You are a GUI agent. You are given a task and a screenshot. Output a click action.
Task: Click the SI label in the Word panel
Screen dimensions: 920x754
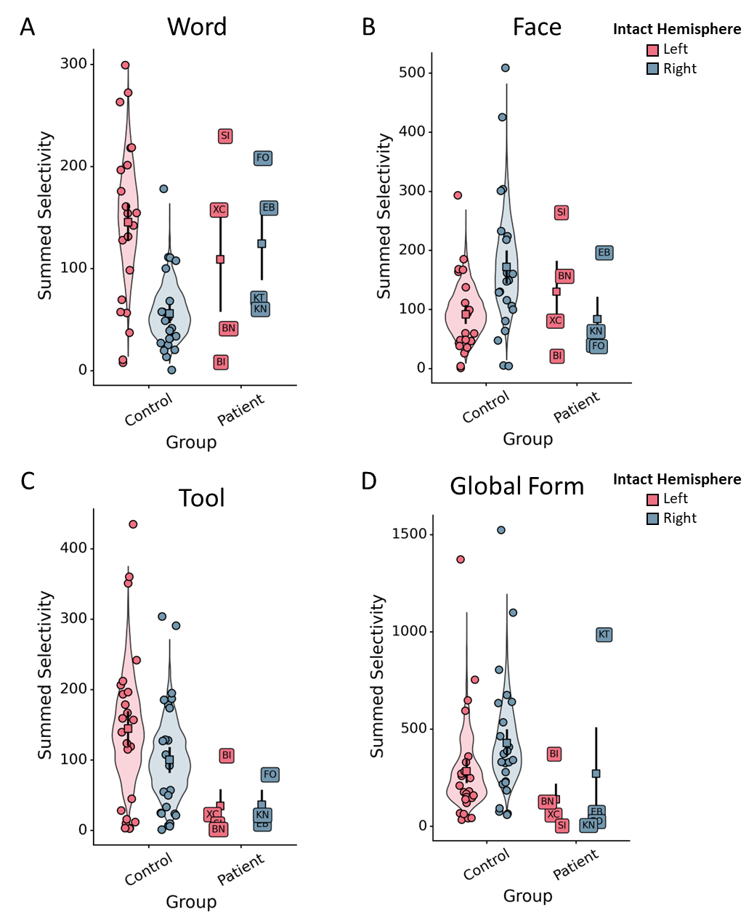pyautogui.click(x=225, y=136)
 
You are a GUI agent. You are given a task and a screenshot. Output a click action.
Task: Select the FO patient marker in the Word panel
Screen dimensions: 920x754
pyautogui.click(x=263, y=158)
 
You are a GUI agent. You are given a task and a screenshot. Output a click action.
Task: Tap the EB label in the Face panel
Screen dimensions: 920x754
pyautogui.click(x=604, y=253)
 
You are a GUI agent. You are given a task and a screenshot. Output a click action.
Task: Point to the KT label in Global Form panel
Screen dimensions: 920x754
pyautogui.click(x=604, y=635)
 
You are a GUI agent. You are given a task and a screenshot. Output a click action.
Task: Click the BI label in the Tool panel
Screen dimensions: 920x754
pyautogui.click(x=227, y=756)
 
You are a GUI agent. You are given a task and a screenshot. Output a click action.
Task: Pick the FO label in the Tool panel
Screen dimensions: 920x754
pyautogui.click(x=270, y=775)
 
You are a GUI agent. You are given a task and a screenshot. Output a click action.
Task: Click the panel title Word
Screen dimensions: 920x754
pyautogui.click(x=197, y=27)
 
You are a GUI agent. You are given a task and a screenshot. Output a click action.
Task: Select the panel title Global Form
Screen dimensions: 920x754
pyautogui.click(x=516, y=486)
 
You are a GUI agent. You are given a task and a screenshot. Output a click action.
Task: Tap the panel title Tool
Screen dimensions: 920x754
pyautogui.click(x=201, y=498)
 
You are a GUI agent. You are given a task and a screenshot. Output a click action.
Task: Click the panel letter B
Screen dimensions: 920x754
pyautogui.click(x=369, y=28)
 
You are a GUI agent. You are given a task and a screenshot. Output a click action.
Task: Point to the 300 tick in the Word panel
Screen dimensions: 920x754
pyautogui.click(x=73, y=64)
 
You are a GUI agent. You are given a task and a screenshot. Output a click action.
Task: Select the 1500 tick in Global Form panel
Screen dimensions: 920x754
pyautogui.click(x=410, y=534)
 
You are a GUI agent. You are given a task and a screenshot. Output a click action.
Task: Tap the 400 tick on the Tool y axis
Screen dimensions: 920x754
pyautogui.click(x=73, y=548)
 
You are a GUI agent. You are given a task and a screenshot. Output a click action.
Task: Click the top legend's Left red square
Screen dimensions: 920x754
pyautogui.click(x=653, y=50)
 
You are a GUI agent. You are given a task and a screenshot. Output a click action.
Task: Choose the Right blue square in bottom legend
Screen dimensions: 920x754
pyautogui.click(x=653, y=518)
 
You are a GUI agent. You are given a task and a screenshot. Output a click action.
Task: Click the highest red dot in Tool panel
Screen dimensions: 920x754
pyautogui.click(x=133, y=524)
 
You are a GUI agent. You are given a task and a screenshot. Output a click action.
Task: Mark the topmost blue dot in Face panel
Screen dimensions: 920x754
pyautogui.click(x=505, y=68)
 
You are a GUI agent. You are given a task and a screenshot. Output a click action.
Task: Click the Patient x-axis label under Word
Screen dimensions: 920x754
pyautogui.click(x=241, y=410)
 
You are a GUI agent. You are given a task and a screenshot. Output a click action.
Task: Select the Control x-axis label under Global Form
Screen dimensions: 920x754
pyautogui.click(x=487, y=865)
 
